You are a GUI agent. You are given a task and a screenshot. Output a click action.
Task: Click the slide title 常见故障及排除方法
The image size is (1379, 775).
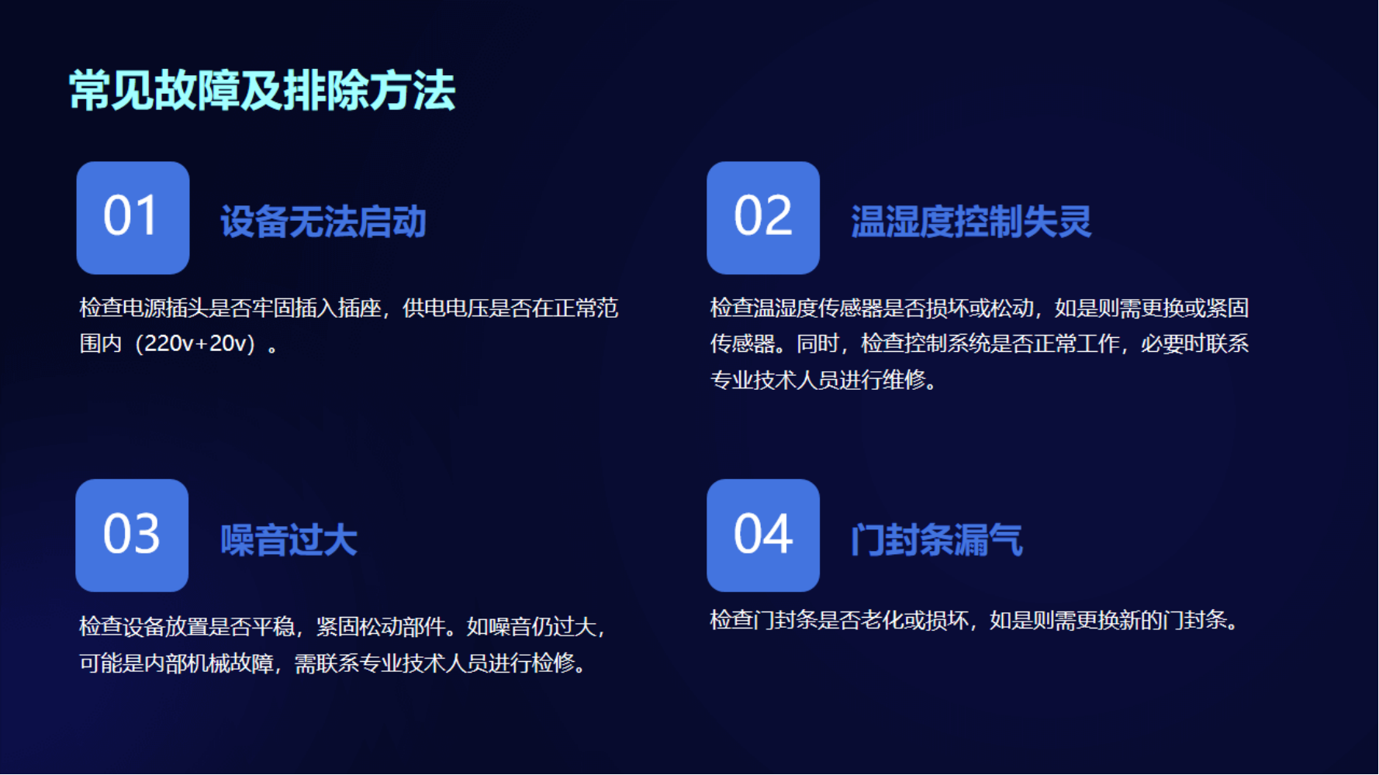point(262,91)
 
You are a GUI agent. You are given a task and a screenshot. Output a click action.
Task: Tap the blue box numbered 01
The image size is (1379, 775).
point(133,218)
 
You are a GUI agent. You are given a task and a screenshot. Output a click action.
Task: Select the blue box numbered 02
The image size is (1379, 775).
point(763,218)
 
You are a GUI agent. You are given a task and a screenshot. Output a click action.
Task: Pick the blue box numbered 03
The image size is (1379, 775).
point(132,536)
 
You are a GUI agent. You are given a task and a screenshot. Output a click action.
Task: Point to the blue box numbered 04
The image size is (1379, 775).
point(763,536)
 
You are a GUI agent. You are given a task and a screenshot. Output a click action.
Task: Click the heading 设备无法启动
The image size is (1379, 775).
point(323,222)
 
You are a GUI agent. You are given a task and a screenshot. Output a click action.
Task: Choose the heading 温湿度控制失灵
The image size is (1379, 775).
point(971,222)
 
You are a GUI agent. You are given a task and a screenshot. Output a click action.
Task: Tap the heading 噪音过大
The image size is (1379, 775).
point(289,540)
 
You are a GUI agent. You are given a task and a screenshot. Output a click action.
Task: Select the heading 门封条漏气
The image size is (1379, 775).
point(937,540)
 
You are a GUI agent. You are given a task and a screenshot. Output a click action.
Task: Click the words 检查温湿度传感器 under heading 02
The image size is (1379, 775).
point(796,308)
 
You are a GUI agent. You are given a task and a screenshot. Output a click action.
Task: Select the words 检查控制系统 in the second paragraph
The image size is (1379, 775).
point(925,343)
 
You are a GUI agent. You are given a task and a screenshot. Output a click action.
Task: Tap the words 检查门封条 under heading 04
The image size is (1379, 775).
point(763,620)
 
